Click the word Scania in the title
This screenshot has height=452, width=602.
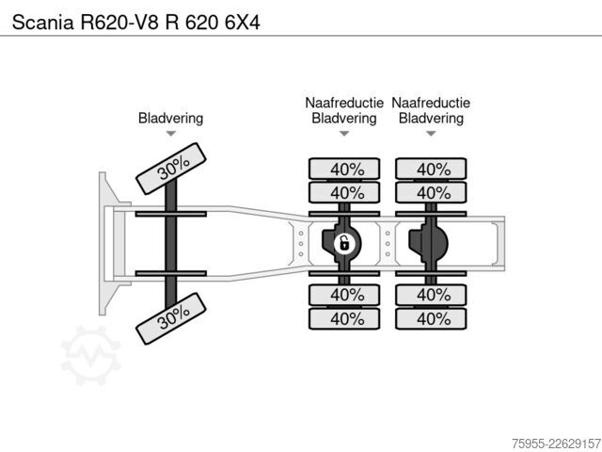tap(42, 23)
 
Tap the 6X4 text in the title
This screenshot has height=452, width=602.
tap(243, 23)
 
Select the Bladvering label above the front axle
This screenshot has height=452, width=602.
tap(171, 118)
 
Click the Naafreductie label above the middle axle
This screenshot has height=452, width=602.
tap(344, 103)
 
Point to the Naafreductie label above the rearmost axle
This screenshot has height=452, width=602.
tap(431, 103)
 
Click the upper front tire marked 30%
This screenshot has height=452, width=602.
tap(171, 169)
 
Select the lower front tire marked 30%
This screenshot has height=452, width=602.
tap(171, 318)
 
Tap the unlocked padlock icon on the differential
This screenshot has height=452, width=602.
tap(344, 243)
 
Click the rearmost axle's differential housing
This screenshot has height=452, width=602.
tap(429, 243)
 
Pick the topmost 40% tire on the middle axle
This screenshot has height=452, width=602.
tap(344, 169)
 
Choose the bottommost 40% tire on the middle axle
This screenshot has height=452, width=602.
tap(344, 318)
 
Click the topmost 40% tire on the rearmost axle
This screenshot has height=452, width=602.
tap(431, 169)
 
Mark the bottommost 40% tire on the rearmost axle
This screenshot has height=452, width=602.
tap(431, 318)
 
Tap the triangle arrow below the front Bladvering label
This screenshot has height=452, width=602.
tap(171, 134)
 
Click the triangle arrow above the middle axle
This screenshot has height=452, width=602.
tap(344, 134)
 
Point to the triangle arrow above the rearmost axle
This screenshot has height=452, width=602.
tap(431, 134)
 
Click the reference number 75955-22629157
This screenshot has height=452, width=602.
tap(556, 444)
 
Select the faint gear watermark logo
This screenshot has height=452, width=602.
tap(91, 355)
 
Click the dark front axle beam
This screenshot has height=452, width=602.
tap(171, 243)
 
